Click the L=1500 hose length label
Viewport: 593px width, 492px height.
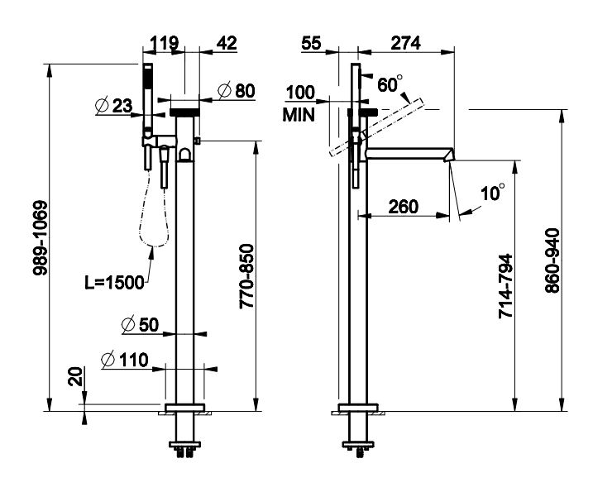(114, 282)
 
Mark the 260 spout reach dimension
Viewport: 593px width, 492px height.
(403, 206)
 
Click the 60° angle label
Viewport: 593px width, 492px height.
(389, 84)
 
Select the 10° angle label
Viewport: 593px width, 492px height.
(492, 193)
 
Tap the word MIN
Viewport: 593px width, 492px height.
(299, 115)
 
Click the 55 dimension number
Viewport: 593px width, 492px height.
(311, 43)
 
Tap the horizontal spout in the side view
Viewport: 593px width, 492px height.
(405, 153)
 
